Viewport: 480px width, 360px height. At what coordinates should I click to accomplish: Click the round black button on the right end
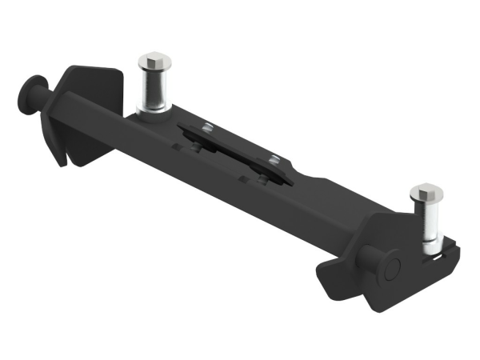(391, 268)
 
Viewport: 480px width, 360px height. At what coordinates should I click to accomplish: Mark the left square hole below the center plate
(196, 149)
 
